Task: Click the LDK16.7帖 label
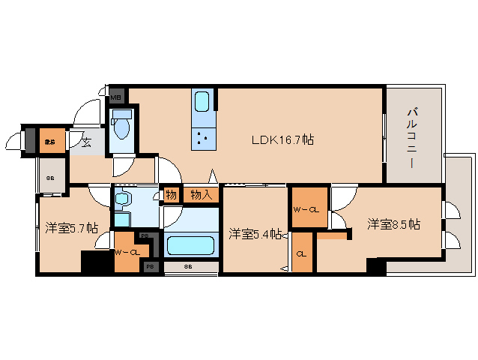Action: tap(282, 140)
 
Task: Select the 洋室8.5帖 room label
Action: tap(393, 223)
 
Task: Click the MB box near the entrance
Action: tap(117, 96)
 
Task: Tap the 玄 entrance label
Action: tap(86, 142)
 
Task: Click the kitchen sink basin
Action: tap(202, 101)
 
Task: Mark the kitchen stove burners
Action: tap(202, 136)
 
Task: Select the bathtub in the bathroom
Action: tap(190, 245)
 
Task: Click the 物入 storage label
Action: tap(202, 195)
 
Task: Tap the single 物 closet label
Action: tap(172, 195)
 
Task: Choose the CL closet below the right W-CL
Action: tap(302, 253)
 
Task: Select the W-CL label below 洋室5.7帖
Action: tap(127, 252)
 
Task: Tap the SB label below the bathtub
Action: tap(189, 266)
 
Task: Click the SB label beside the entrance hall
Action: tap(51, 178)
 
